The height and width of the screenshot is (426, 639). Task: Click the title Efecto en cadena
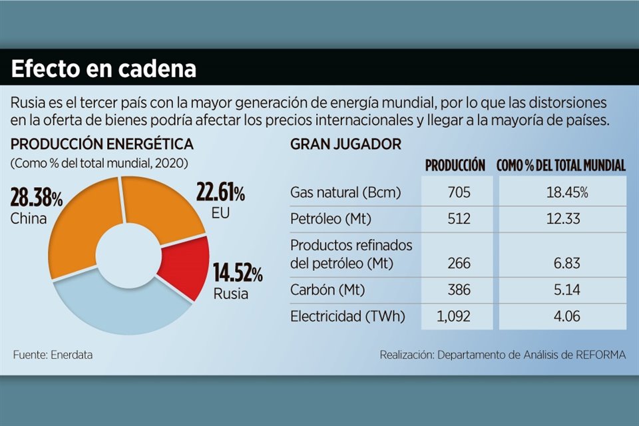(x=103, y=69)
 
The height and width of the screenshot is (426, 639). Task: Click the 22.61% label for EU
(x=220, y=194)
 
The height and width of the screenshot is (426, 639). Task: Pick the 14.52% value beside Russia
(x=238, y=273)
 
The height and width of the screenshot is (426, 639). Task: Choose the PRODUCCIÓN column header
(x=455, y=166)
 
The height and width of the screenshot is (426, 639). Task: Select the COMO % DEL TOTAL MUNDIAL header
(x=561, y=166)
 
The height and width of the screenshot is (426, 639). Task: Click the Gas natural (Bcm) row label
(x=345, y=193)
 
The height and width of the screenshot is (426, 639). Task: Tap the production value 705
(x=459, y=193)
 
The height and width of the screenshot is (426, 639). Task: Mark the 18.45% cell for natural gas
(x=563, y=193)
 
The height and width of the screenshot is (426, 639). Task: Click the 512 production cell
(x=459, y=219)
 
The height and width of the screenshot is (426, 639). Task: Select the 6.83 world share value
(x=563, y=264)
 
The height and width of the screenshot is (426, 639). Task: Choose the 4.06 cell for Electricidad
(x=563, y=317)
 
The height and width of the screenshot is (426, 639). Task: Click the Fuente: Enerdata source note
(x=53, y=355)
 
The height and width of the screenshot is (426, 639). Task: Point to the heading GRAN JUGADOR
(x=345, y=144)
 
